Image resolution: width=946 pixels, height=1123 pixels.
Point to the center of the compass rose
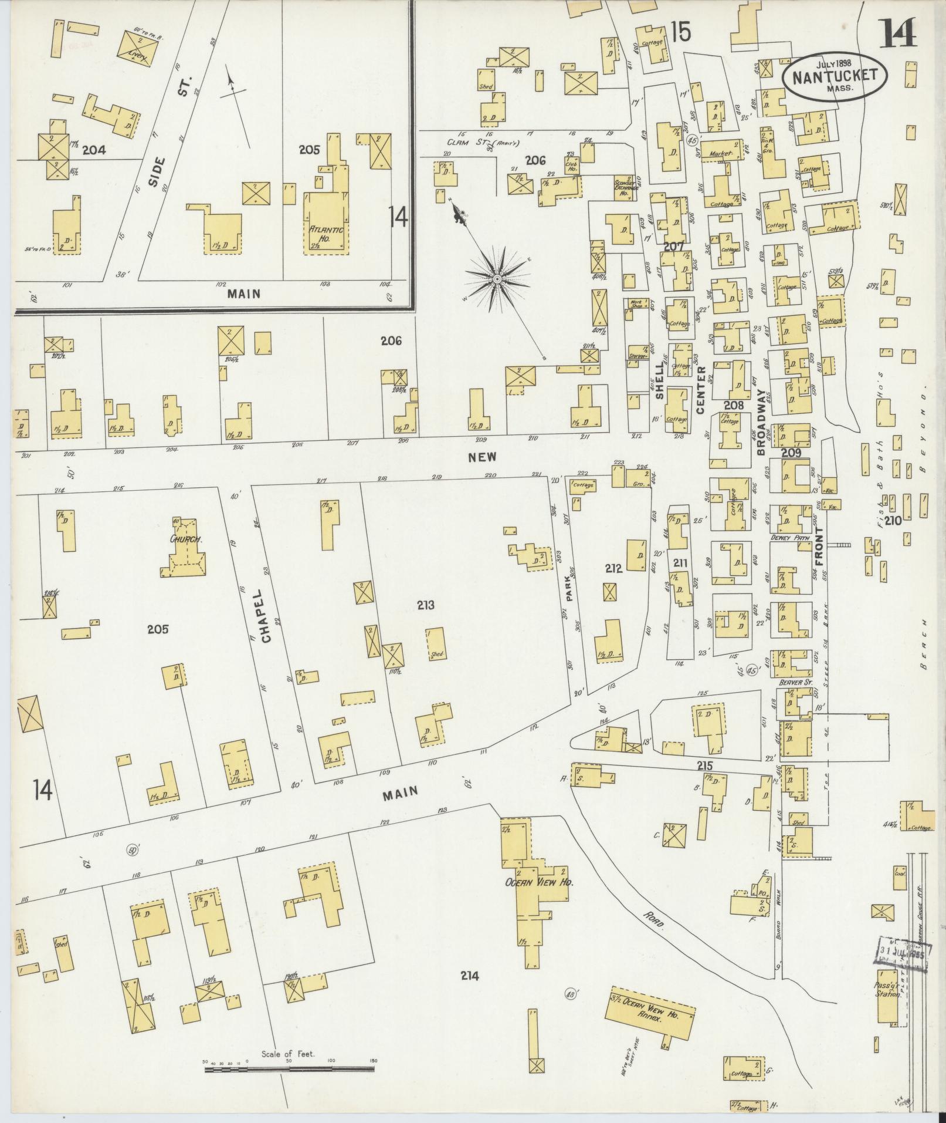pyautogui.click(x=497, y=278)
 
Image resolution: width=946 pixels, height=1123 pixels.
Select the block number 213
pyautogui.click(x=426, y=605)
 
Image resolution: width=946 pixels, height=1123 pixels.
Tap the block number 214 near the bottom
pyautogui.click(x=470, y=976)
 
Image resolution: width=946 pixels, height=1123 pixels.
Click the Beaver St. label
pyautogui.click(x=793, y=683)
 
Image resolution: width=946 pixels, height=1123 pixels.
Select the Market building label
pyautogui.click(x=721, y=153)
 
